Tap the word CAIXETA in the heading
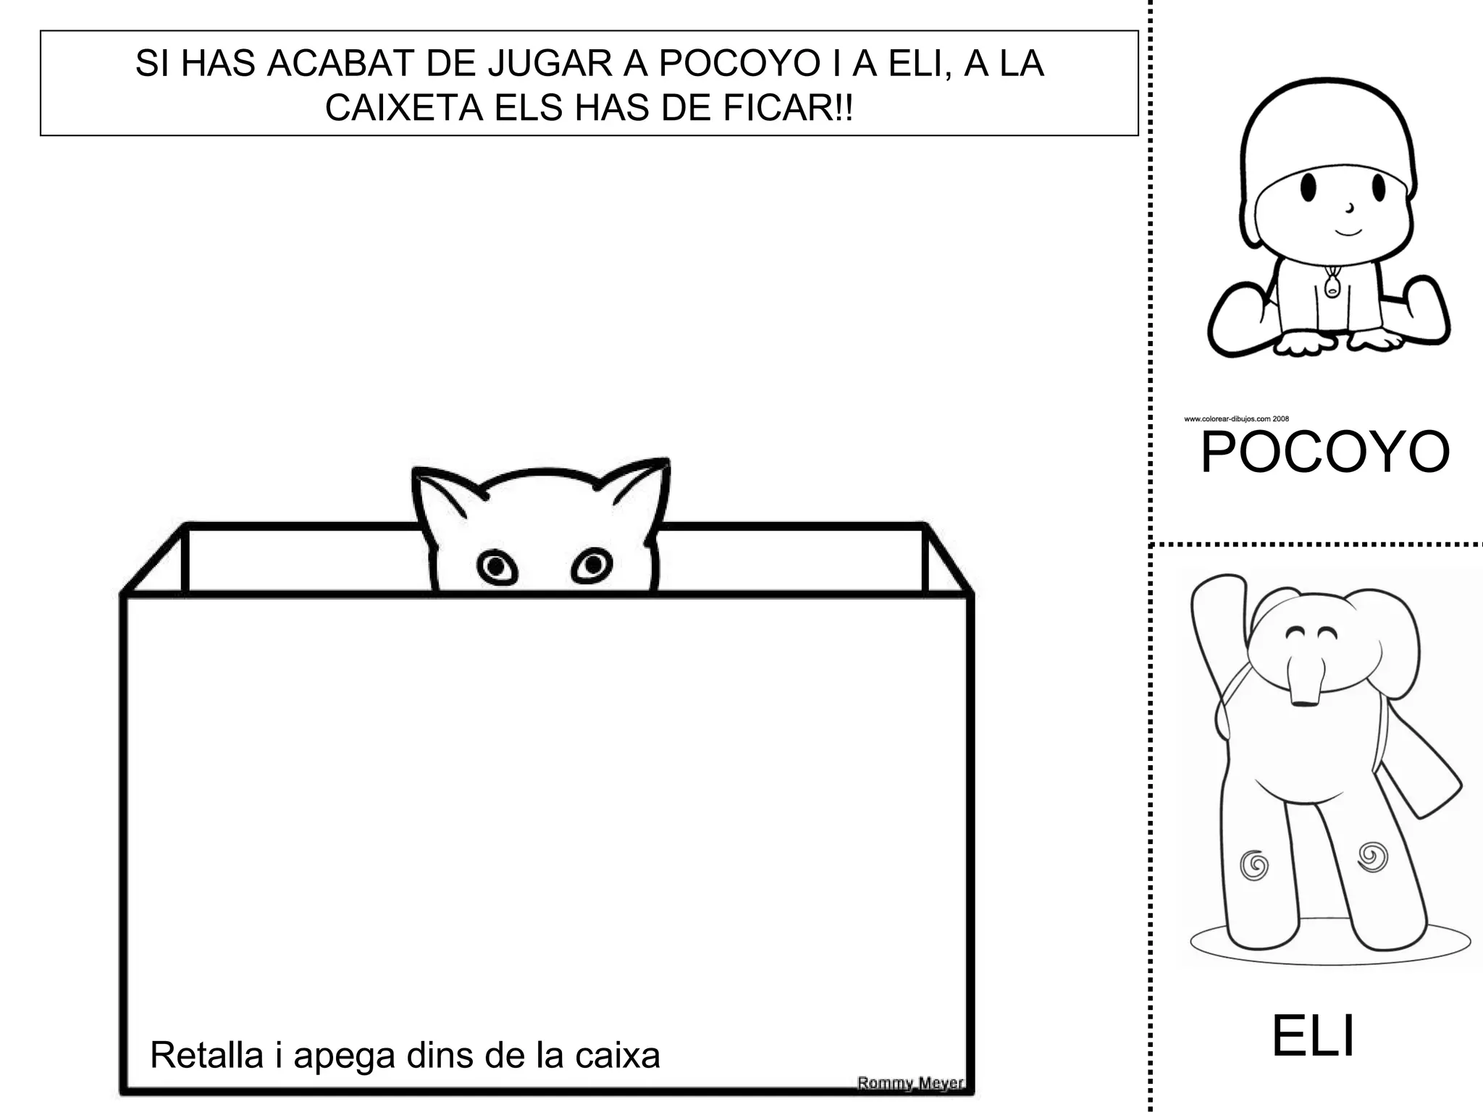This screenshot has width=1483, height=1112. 403,108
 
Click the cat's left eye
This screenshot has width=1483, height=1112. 497,567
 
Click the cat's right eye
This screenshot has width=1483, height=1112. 592,564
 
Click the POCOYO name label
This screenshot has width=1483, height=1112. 1324,453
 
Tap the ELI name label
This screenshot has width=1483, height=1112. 1312,1037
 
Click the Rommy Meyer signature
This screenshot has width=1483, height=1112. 910,1083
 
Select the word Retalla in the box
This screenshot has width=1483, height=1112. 206,1055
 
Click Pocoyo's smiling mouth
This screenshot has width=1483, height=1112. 1348,232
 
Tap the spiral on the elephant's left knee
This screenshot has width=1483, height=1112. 1254,864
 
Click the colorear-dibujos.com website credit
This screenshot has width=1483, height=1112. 1236,418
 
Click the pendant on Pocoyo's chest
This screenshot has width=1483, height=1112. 1331,286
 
